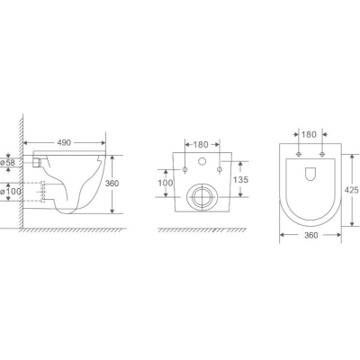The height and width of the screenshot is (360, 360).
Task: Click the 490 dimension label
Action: tap(64, 142)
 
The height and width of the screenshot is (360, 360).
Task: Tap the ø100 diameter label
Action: tap(12, 191)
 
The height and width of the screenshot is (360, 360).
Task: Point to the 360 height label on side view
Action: tap(112, 184)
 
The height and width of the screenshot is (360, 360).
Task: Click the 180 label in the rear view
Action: tap(201, 145)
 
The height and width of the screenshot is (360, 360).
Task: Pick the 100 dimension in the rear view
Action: tap(166, 183)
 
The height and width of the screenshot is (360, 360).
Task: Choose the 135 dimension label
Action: tap(241, 180)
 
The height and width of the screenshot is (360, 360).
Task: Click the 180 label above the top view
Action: tap(309, 134)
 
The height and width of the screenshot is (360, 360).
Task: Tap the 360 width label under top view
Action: tap(310, 235)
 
